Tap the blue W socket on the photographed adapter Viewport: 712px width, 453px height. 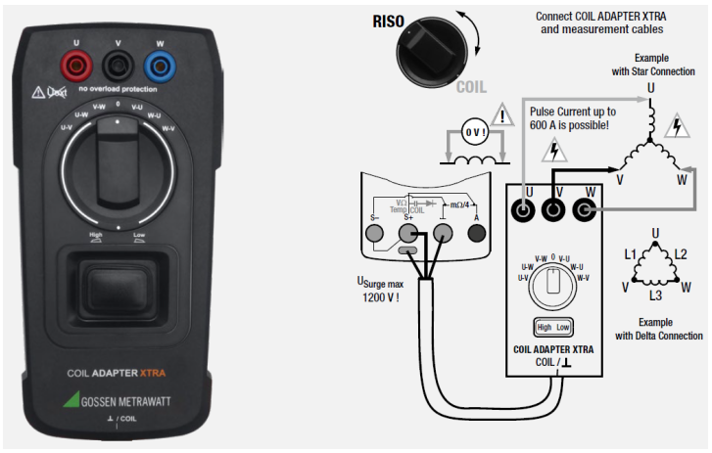[159, 67]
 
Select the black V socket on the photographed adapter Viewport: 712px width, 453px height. [117, 67]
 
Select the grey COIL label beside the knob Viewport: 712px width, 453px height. [471, 87]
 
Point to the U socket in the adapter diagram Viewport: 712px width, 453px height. [527, 208]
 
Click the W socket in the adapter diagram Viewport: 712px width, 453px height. [586, 208]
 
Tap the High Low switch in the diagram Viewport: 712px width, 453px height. [554, 327]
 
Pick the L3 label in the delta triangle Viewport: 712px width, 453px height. [655, 294]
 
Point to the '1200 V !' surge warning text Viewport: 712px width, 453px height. [379, 297]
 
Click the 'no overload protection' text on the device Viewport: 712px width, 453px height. [117, 90]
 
